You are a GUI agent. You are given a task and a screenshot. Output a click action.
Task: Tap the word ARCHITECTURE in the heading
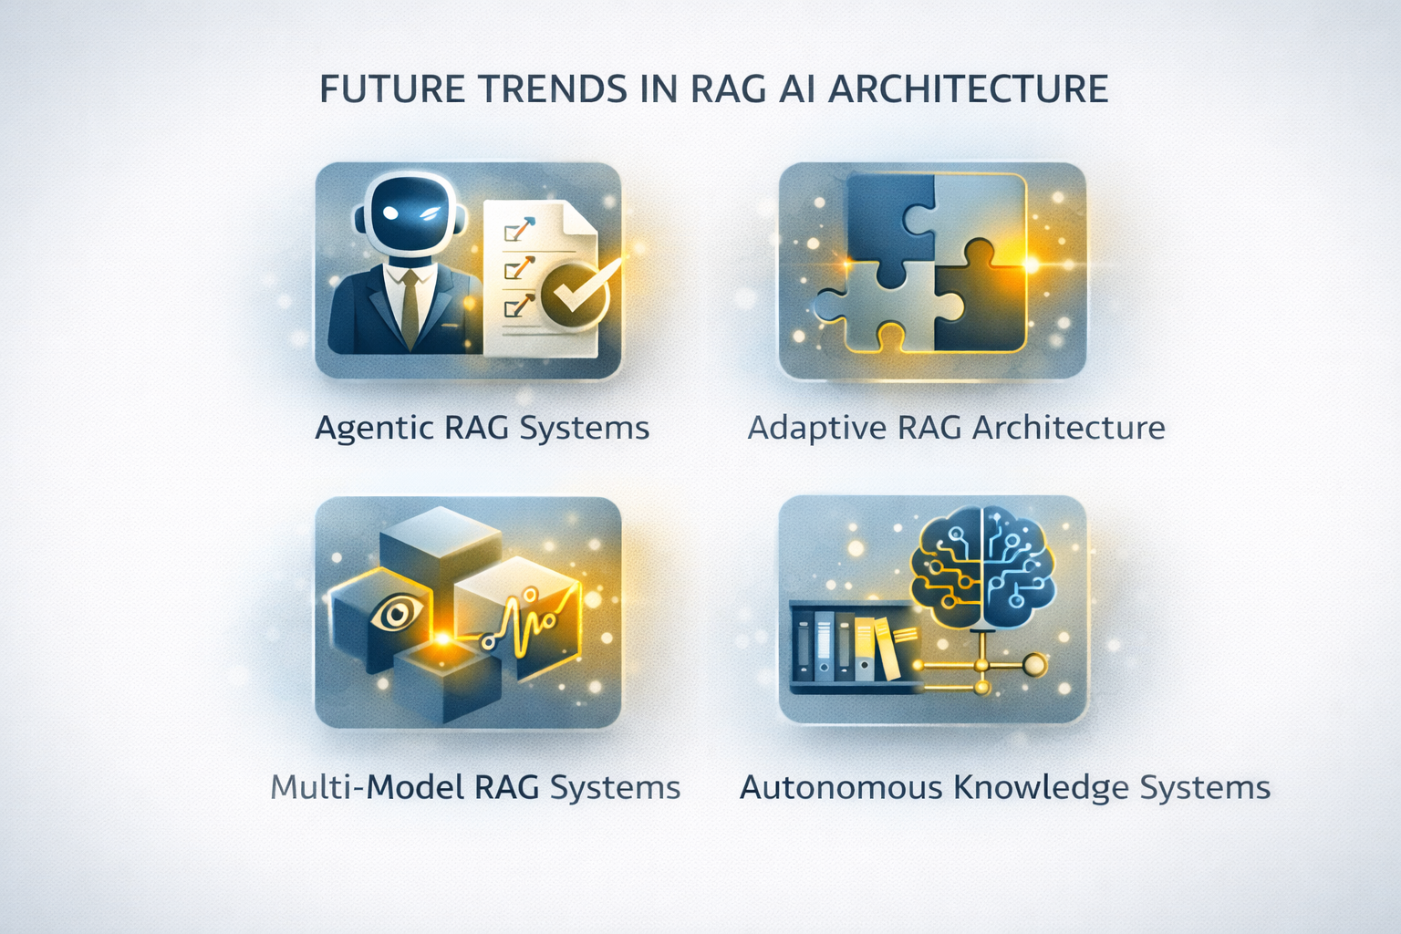pyautogui.click(x=968, y=89)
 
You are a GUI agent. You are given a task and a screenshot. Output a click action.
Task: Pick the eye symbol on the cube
pyautogui.click(x=396, y=614)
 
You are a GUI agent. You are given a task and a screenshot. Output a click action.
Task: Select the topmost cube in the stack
pyautogui.click(x=441, y=545)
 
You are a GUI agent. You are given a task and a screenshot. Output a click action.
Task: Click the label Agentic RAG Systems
pyautogui.click(x=483, y=429)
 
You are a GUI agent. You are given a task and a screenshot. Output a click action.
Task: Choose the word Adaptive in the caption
pyautogui.click(x=817, y=429)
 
